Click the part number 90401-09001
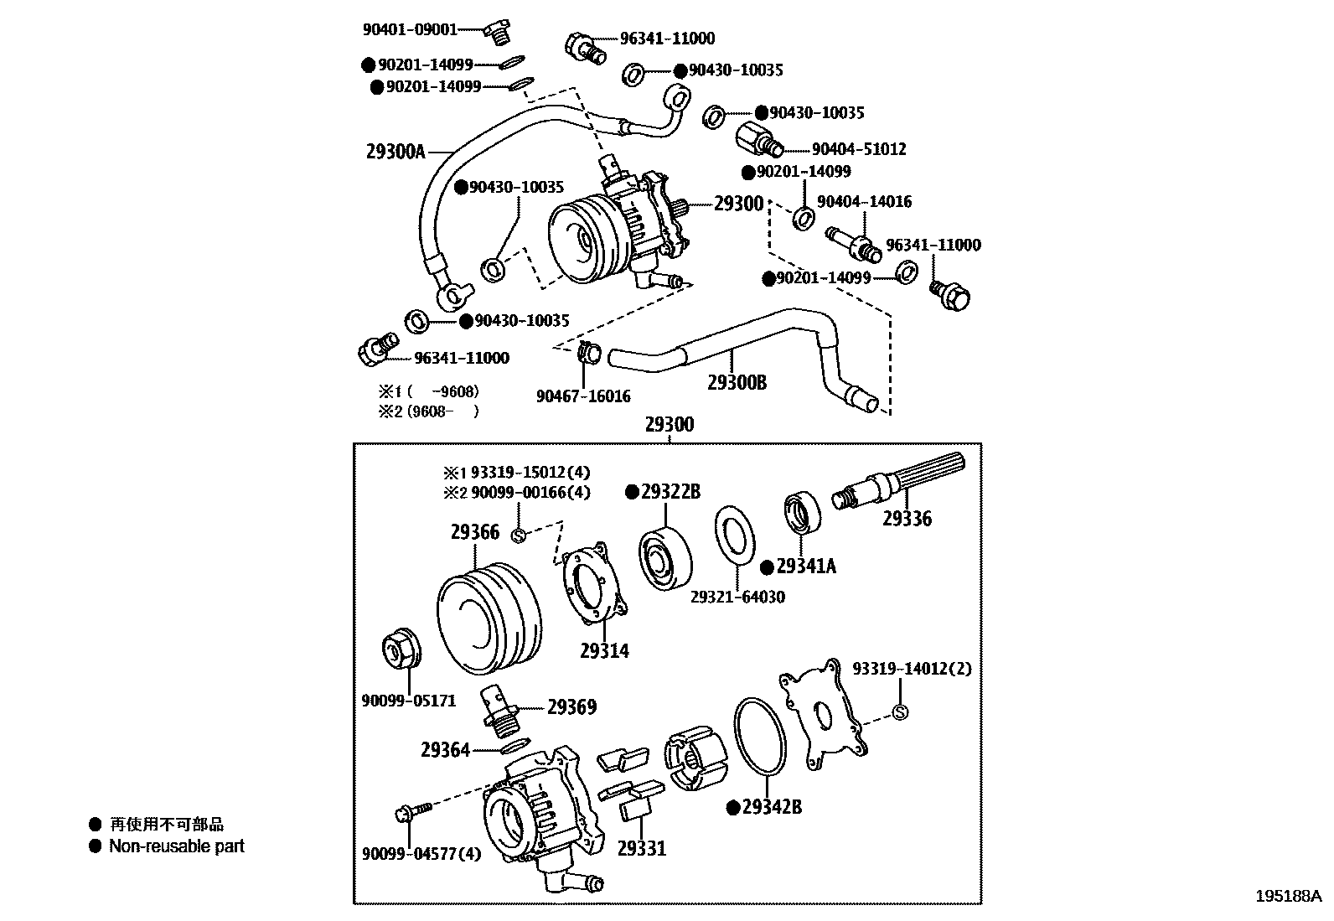click(410, 29)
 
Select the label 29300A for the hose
click(396, 152)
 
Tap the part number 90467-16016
click(583, 396)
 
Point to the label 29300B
click(737, 383)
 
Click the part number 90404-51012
click(858, 149)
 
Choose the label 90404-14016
click(864, 201)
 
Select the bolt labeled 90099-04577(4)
click(411, 811)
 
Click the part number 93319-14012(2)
click(912, 669)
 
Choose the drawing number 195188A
click(1288, 895)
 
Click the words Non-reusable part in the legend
click(176, 846)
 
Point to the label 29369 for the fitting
click(571, 707)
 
